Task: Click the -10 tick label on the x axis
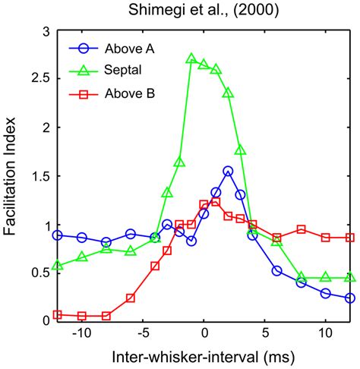[x=81, y=333]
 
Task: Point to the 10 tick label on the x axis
[x=325, y=333]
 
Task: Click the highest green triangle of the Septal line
[x=191, y=58]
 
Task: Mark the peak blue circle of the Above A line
[x=228, y=171]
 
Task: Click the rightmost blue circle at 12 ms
[x=349, y=298]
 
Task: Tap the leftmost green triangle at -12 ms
[x=58, y=266]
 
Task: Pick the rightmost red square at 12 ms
[x=349, y=238]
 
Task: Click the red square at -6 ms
[x=131, y=298]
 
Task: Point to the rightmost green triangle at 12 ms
[x=349, y=278]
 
